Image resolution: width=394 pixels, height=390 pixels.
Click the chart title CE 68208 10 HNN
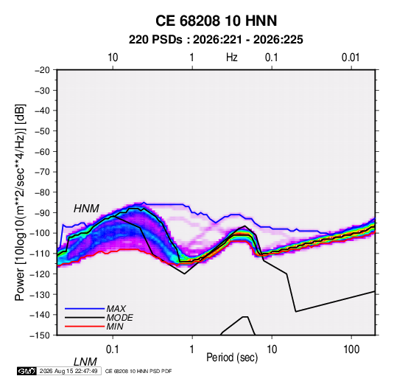click(x=216, y=21)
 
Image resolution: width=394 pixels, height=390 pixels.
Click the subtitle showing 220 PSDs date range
click(x=216, y=40)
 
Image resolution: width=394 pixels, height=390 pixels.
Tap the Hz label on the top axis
click(x=232, y=58)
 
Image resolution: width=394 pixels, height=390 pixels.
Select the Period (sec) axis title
click(x=232, y=358)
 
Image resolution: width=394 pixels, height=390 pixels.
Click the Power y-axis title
click(x=20, y=203)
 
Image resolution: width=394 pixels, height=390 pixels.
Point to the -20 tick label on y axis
click(x=42, y=70)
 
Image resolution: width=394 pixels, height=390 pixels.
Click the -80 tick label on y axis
click(x=42, y=192)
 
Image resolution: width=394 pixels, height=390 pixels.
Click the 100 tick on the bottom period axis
click(x=351, y=349)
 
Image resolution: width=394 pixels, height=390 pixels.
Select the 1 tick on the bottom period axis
click(x=192, y=349)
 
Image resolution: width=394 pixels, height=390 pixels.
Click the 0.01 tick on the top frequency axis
click(x=351, y=58)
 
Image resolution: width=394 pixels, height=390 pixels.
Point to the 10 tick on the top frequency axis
click(x=113, y=58)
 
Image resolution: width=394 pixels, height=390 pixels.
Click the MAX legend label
click(x=116, y=308)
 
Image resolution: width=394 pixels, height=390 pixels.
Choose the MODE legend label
click(x=119, y=318)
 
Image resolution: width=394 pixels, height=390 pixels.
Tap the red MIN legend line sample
click(x=85, y=327)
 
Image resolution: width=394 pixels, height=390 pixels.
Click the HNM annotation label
click(x=86, y=209)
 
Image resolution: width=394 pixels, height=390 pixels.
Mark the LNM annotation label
click(x=85, y=362)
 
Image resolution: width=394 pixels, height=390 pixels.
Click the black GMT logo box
click(x=27, y=371)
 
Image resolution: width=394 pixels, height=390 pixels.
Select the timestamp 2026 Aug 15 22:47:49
click(x=68, y=371)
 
